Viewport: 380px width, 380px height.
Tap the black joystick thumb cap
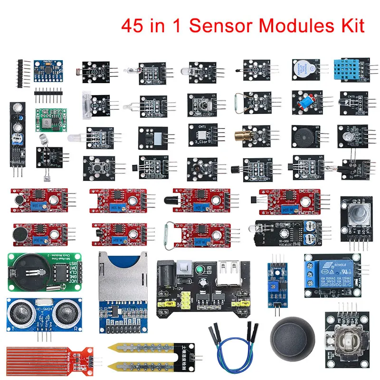pyautogui.click(x=291, y=341)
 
